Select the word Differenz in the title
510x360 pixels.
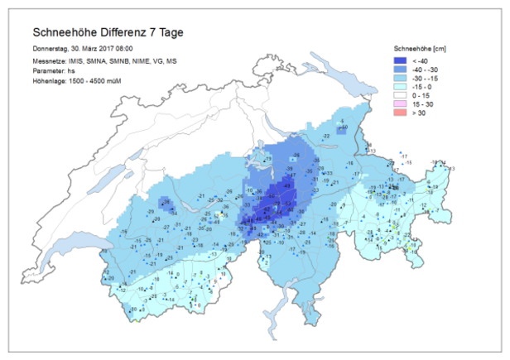click(x=127, y=33)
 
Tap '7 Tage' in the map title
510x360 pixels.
click(x=171, y=33)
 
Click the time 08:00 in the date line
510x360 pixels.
click(x=123, y=50)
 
